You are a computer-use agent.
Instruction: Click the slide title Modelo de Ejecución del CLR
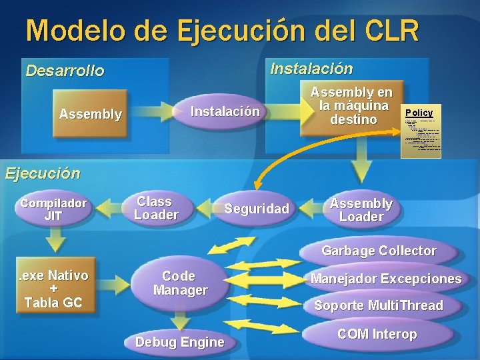(x=223, y=31)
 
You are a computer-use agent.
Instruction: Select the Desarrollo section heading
(x=65, y=71)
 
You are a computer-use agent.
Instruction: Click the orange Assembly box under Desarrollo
(x=91, y=114)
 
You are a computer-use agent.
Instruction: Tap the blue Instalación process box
(x=225, y=112)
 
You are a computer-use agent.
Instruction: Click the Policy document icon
(x=421, y=130)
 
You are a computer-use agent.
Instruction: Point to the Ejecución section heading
(x=43, y=174)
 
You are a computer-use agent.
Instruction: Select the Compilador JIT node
(x=53, y=209)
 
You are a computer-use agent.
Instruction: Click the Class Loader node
(x=156, y=208)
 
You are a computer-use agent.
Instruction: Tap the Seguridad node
(x=257, y=209)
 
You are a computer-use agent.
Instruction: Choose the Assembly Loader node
(x=361, y=210)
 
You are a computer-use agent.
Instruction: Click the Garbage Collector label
(x=379, y=251)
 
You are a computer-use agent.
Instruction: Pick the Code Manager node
(x=180, y=283)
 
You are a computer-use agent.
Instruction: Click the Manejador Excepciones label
(x=386, y=279)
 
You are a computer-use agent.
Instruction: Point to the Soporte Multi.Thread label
(x=379, y=305)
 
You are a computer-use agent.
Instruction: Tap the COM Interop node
(x=377, y=334)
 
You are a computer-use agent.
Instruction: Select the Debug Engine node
(x=179, y=342)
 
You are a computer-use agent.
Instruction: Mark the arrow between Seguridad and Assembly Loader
(x=312, y=209)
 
